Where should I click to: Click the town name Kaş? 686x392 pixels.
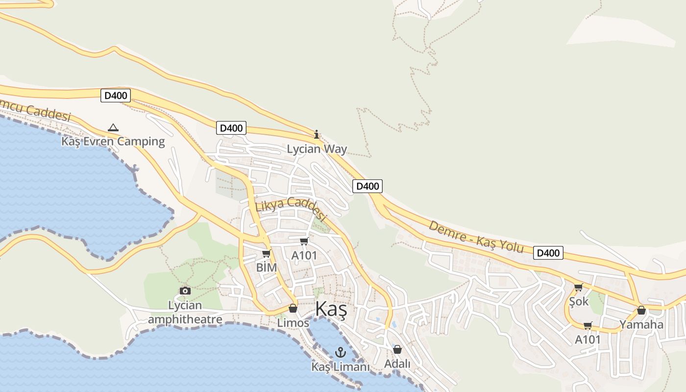[331, 310]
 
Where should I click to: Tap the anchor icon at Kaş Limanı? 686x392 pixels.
[340, 352]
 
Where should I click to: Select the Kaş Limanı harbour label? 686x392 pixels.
[340, 367]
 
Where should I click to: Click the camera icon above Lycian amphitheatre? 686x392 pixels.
[185, 291]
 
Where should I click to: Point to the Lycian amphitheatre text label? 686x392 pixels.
[185, 313]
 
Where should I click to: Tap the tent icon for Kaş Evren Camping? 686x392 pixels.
[113, 127]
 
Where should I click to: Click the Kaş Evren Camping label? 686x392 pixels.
[113, 142]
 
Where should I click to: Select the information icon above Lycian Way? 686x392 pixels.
[317, 134]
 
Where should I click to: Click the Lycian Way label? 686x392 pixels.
[317, 149]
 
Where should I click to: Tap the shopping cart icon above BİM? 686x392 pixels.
[266, 253]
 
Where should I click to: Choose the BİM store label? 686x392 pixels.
[266, 268]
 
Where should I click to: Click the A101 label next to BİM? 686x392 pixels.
[304, 255]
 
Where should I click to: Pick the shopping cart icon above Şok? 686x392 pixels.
[578, 287]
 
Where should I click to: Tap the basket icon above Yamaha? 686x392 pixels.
[641, 310]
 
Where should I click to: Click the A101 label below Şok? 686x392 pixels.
[588, 340]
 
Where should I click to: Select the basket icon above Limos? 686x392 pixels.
[293, 308]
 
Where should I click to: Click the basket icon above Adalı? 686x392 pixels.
[397, 349]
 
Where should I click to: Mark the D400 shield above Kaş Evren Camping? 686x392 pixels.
[116, 96]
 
